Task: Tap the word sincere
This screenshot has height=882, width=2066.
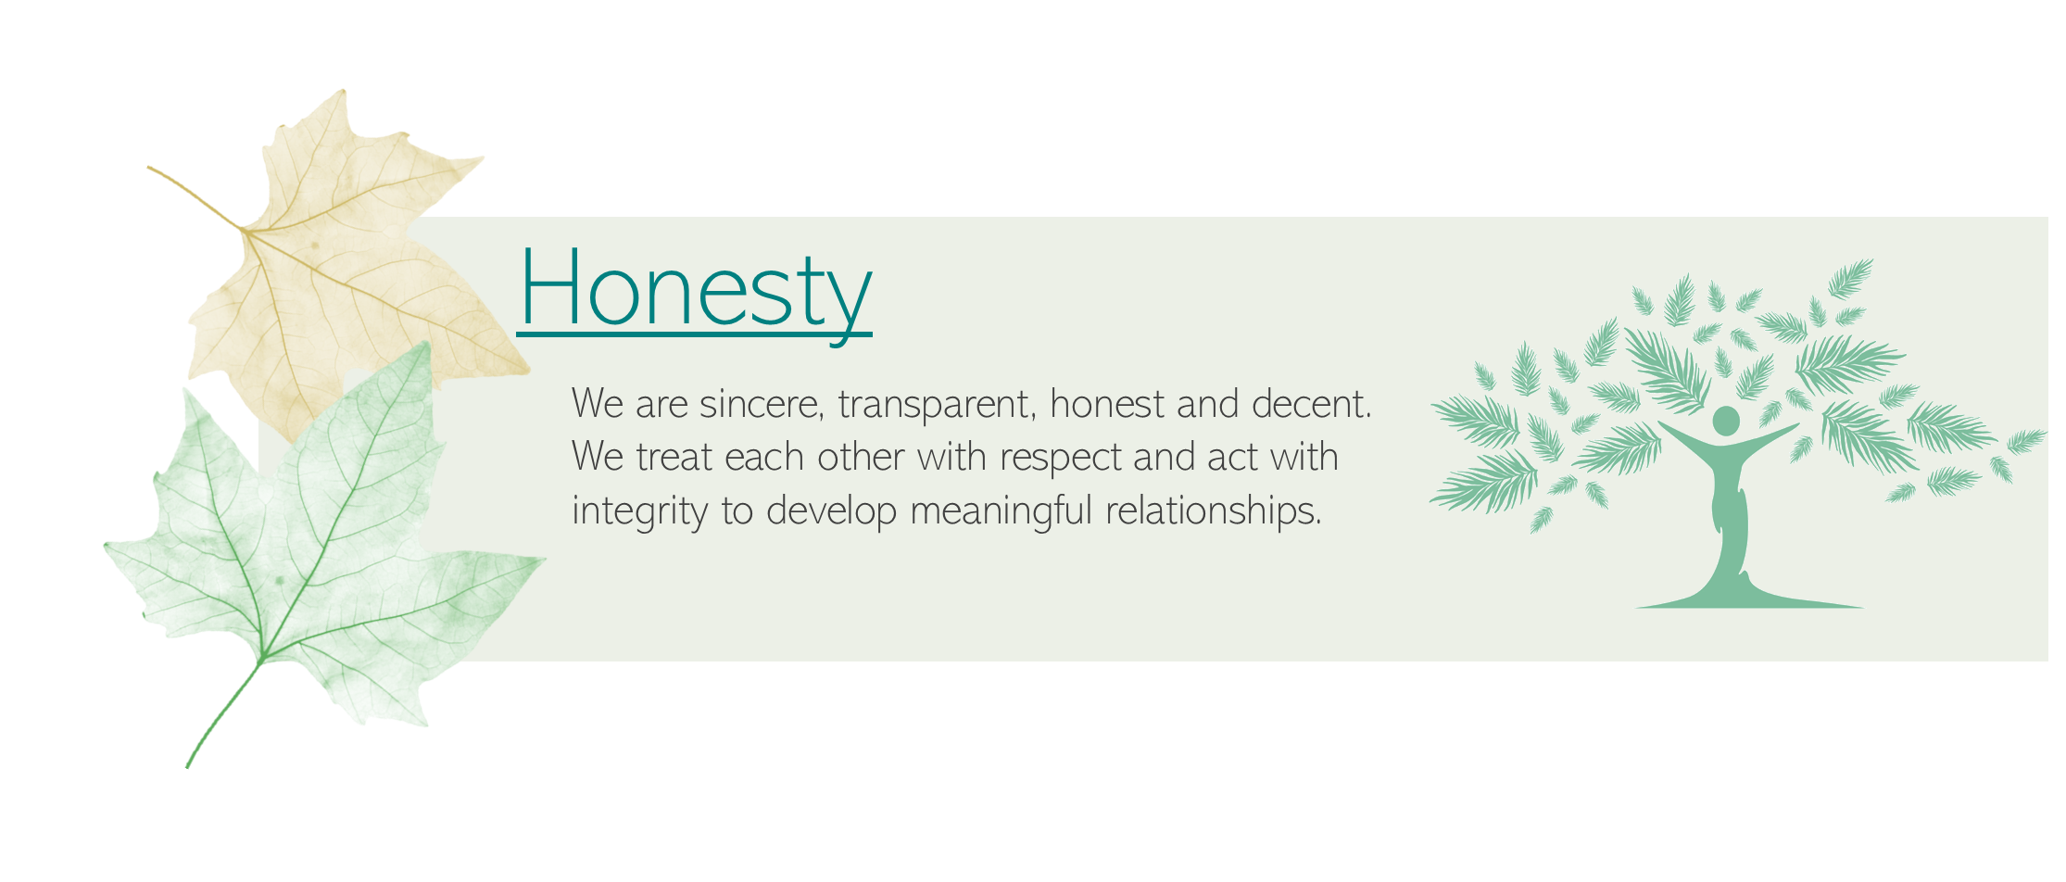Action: (x=762, y=404)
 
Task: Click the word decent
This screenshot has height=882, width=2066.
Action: (x=1311, y=404)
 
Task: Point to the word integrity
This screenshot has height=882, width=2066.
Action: (x=640, y=511)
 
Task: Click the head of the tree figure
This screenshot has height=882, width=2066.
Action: (x=1725, y=421)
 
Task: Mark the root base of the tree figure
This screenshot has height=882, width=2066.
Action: (x=1749, y=598)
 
